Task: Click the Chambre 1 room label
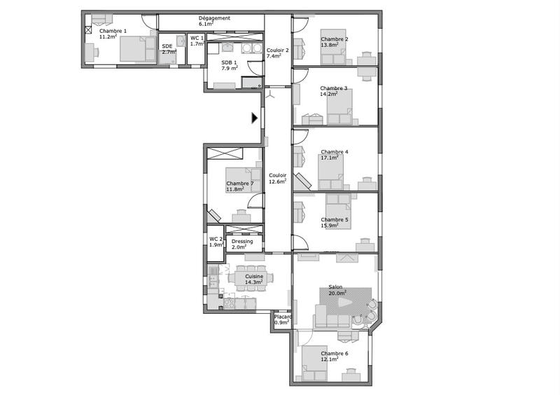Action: coord(113,31)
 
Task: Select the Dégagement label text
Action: coord(214,18)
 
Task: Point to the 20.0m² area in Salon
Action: coord(338,293)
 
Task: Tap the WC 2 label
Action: coord(216,239)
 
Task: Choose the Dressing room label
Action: coord(242,242)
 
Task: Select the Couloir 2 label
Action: coord(278,50)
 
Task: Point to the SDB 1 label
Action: coord(230,62)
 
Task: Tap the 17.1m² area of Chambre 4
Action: coord(330,158)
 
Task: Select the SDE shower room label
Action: coord(167,46)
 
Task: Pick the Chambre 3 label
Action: coord(334,88)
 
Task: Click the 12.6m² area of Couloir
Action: coord(278,181)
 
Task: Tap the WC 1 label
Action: coord(197,38)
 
